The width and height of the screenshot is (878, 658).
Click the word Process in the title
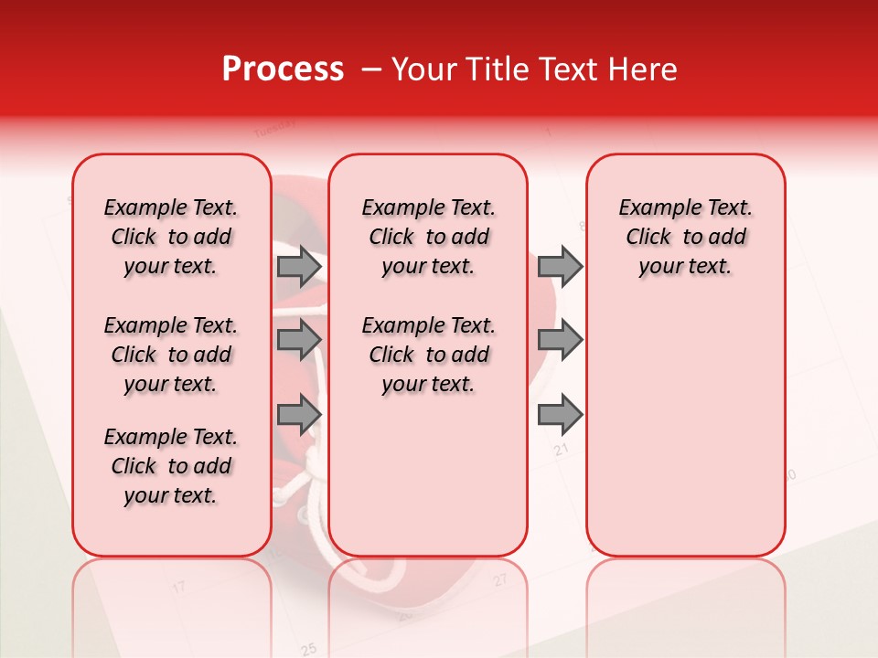[283, 69]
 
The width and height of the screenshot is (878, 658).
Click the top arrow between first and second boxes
[299, 266]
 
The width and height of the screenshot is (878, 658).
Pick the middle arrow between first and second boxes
[299, 340]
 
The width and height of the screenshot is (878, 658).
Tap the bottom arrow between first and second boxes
[299, 415]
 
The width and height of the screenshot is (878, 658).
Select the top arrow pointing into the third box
[560, 266]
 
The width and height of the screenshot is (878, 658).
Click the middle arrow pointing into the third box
[560, 340]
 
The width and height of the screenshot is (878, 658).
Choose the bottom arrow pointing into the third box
[560, 415]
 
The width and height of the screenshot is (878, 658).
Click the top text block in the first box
[171, 237]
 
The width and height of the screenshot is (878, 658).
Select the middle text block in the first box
[171, 355]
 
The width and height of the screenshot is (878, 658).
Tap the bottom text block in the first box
[171, 466]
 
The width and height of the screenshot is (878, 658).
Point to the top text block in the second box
[428, 237]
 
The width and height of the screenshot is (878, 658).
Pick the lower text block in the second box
[428, 355]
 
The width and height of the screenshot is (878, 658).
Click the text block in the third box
[685, 237]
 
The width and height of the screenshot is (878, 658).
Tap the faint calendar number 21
[562, 450]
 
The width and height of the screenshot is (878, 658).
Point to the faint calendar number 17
[179, 586]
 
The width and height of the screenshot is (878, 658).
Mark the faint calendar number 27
[500, 579]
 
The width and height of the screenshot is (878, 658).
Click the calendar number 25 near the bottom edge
[309, 649]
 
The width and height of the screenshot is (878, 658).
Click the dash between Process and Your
[371, 69]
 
